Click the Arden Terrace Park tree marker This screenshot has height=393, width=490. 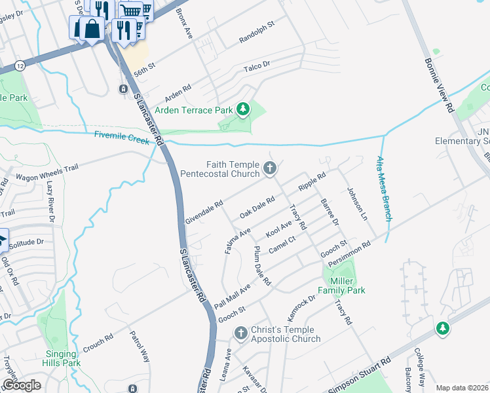(244, 109)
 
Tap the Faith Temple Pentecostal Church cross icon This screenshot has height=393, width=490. (269, 170)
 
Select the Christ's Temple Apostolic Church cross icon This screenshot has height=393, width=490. (240, 334)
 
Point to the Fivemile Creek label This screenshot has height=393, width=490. (123, 136)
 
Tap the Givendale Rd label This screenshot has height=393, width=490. (204, 213)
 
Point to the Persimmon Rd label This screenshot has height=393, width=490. (350, 253)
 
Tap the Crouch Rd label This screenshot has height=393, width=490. (98, 341)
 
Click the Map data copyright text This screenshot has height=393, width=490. (462, 388)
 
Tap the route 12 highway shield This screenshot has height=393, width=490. (20, 65)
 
